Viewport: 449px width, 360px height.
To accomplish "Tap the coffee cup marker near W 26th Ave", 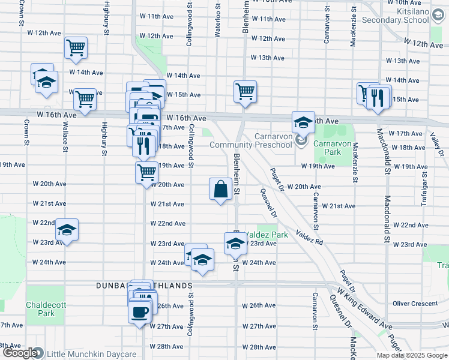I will (x=140, y=312).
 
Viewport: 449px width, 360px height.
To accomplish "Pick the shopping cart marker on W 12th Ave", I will (x=76, y=48).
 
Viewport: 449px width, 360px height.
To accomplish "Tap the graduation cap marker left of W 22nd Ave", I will (x=67, y=230).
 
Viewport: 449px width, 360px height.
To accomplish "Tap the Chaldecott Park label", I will (x=41, y=308).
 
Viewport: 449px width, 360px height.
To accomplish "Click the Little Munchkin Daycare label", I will (x=92, y=354).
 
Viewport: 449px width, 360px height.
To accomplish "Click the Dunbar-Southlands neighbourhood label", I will (x=144, y=286).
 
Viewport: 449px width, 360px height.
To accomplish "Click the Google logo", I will (x=19, y=353).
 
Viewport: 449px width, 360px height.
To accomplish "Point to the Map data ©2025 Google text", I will (x=411, y=355).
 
